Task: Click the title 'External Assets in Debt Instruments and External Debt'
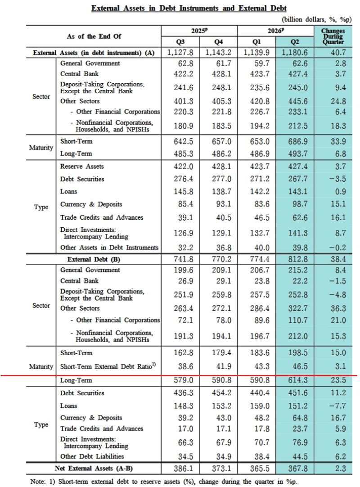pyautogui.click(x=189, y=8)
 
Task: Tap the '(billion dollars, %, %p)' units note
pyautogui.click(x=317, y=19)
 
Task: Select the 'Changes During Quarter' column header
pyautogui.click(x=333, y=36)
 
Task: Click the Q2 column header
pyautogui.click(x=294, y=42)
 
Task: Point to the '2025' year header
pyautogui.click(x=199, y=31)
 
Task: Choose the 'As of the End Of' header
pyautogui.click(x=94, y=36)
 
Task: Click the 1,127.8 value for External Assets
pyautogui.click(x=180, y=53)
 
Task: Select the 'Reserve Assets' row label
pyautogui.click(x=82, y=167)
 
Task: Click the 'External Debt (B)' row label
pyautogui.click(x=94, y=259)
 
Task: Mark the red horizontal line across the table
pyautogui.click(x=179, y=375)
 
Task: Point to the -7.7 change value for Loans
pyautogui.click(x=338, y=406)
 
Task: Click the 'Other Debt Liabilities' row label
pyautogui.click(x=92, y=456)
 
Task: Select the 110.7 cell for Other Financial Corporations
pyautogui.click(x=297, y=320)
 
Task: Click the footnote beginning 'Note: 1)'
pyautogui.click(x=163, y=482)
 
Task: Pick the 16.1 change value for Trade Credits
pyautogui.click(x=338, y=217)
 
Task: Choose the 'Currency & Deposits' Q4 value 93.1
pyautogui.click(x=221, y=204)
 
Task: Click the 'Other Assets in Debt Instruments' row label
pyautogui.click(x=109, y=248)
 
